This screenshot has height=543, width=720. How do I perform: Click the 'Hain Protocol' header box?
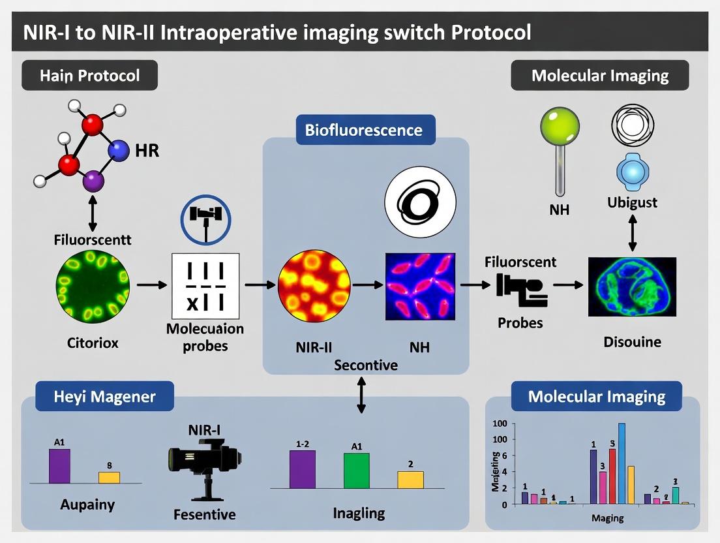pyautogui.click(x=90, y=76)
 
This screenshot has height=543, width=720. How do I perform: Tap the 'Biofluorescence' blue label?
pyautogui.click(x=364, y=129)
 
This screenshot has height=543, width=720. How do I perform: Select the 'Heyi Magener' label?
pyautogui.click(x=104, y=396)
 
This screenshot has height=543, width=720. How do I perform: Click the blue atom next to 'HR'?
pyautogui.click(x=119, y=151)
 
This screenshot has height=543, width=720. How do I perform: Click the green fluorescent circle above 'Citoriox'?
pyautogui.click(x=93, y=285)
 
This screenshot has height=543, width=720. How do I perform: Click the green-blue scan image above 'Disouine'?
pyautogui.click(x=632, y=287)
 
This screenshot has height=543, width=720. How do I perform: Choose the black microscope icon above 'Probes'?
pyautogui.click(x=520, y=290)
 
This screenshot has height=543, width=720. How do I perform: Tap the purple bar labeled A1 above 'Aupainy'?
pyautogui.click(x=59, y=465)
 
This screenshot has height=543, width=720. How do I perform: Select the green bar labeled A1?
pyautogui.click(x=356, y=470)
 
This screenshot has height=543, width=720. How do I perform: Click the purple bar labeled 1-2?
pyautogui.click(x=303, y=469)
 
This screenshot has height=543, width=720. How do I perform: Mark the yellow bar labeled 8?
pyautogui.click(x=109, y=477)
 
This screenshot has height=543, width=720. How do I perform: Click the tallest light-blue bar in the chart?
pyautogui.click(x=621, y=463)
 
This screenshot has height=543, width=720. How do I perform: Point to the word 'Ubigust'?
pyautogui.click(x=632, y=203)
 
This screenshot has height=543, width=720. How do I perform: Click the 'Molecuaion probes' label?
pyautogui.click(x=206, y=337)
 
